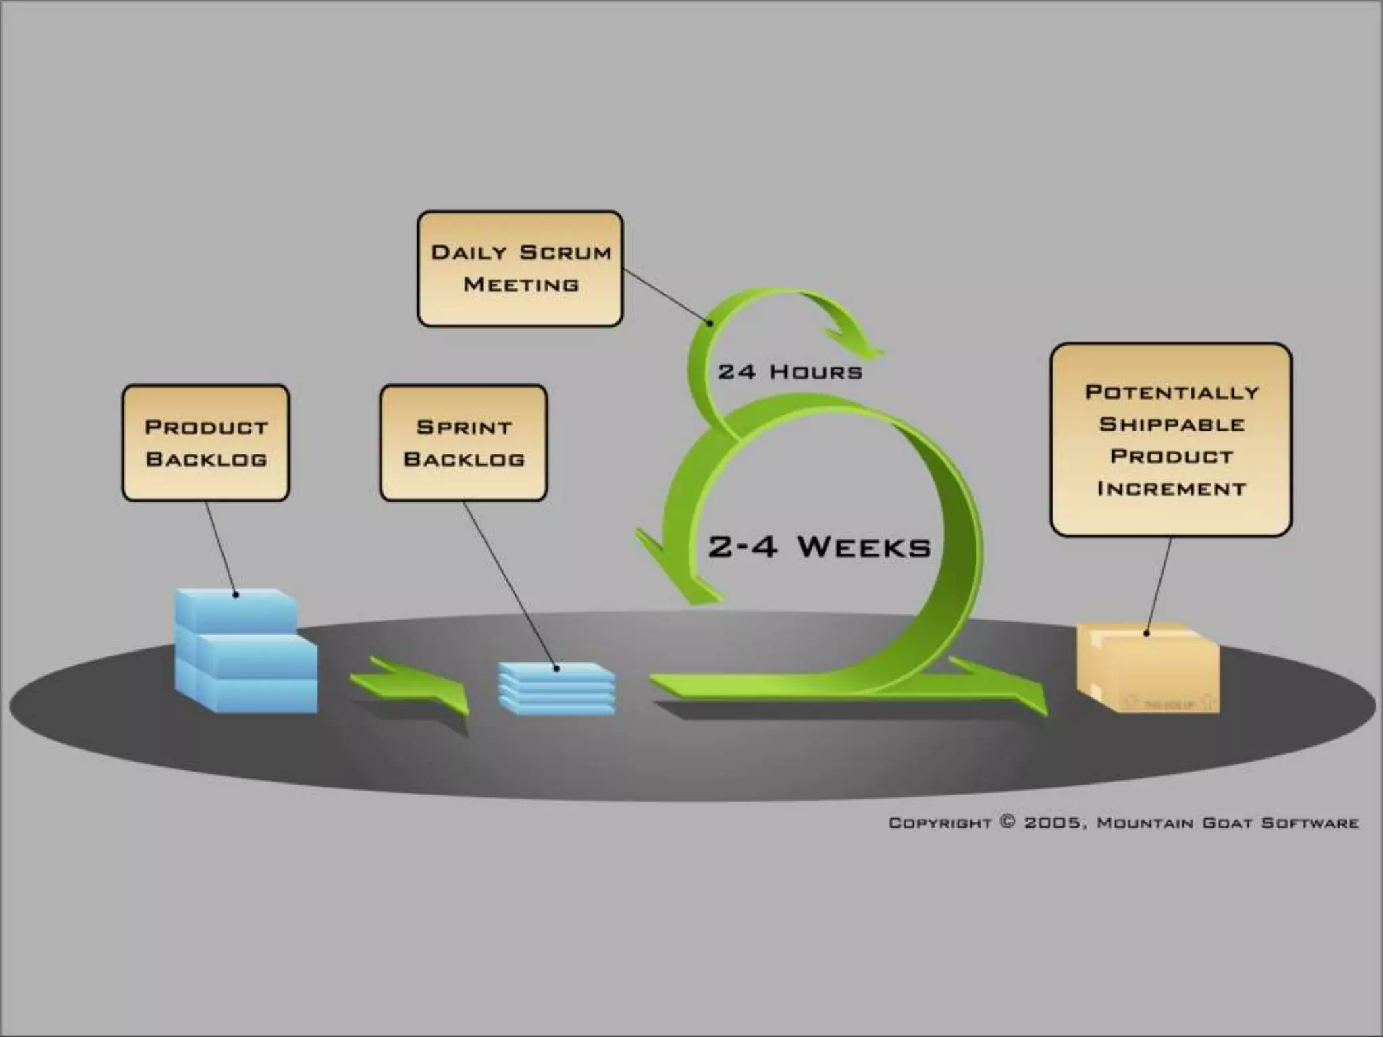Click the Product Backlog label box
pyautogui.click(x=206, y=443)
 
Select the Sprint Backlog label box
pyautogui.click(x=463, y=443)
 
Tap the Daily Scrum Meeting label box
pyautogui.click(x=520, y=269)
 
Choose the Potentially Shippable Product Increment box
pyautogui.click(x=1171, y=440)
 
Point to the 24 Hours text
pyautogui.click(x=790, y=372)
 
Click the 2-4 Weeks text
pyautogui.click(x=819, y=547)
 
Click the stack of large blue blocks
pyautogui.click(x=244, y=652)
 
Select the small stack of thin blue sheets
pyautogui.click(x=556, y=688)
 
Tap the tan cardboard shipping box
pyautogui.click(x=1148, y=668)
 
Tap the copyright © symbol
pyautogui.click(x=1008, y=822)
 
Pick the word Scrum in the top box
pyautogui.click(x=566, y=252)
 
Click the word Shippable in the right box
pyautogui.click(x=1172, y=425)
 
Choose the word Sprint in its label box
pyautogui.click(x=464, y=427)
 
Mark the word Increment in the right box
pyautogui.click(x=1172, y=488)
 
